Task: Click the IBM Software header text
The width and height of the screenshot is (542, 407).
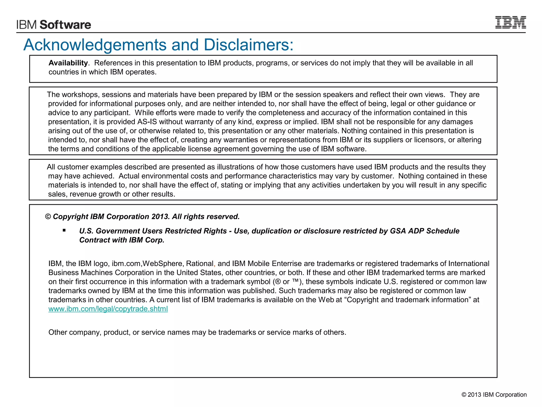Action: [x=54, y=25]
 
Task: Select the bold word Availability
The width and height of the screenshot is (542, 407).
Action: [x=68, y=63]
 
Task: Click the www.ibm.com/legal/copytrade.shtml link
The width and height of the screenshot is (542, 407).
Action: [x=108, y=309]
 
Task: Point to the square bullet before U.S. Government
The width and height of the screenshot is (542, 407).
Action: [x=64, y=231]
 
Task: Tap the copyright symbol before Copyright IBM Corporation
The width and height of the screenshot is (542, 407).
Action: [x=48, y=217]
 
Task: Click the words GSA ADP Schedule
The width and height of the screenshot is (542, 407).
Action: [x=424, y=231]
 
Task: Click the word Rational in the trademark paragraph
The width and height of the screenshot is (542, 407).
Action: [x=200, y=264]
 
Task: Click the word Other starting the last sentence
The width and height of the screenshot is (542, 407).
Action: [x=57, y=333]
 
